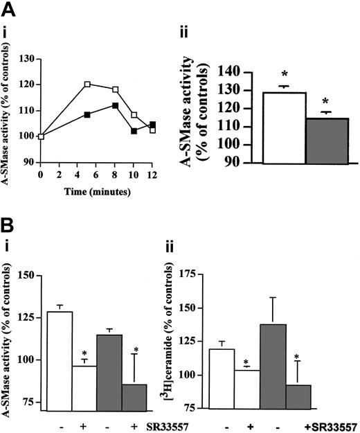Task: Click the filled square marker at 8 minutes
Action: [x=116, y=105]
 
